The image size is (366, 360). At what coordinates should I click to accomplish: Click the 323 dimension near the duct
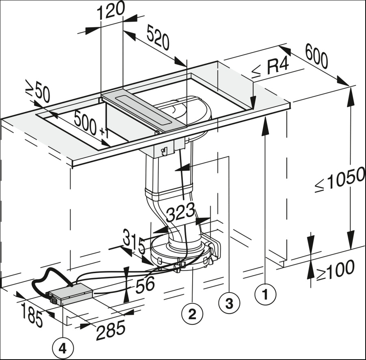(180, 212)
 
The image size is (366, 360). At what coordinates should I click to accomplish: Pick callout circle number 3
(229, 303)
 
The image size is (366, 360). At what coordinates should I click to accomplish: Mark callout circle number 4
(62, 347)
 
